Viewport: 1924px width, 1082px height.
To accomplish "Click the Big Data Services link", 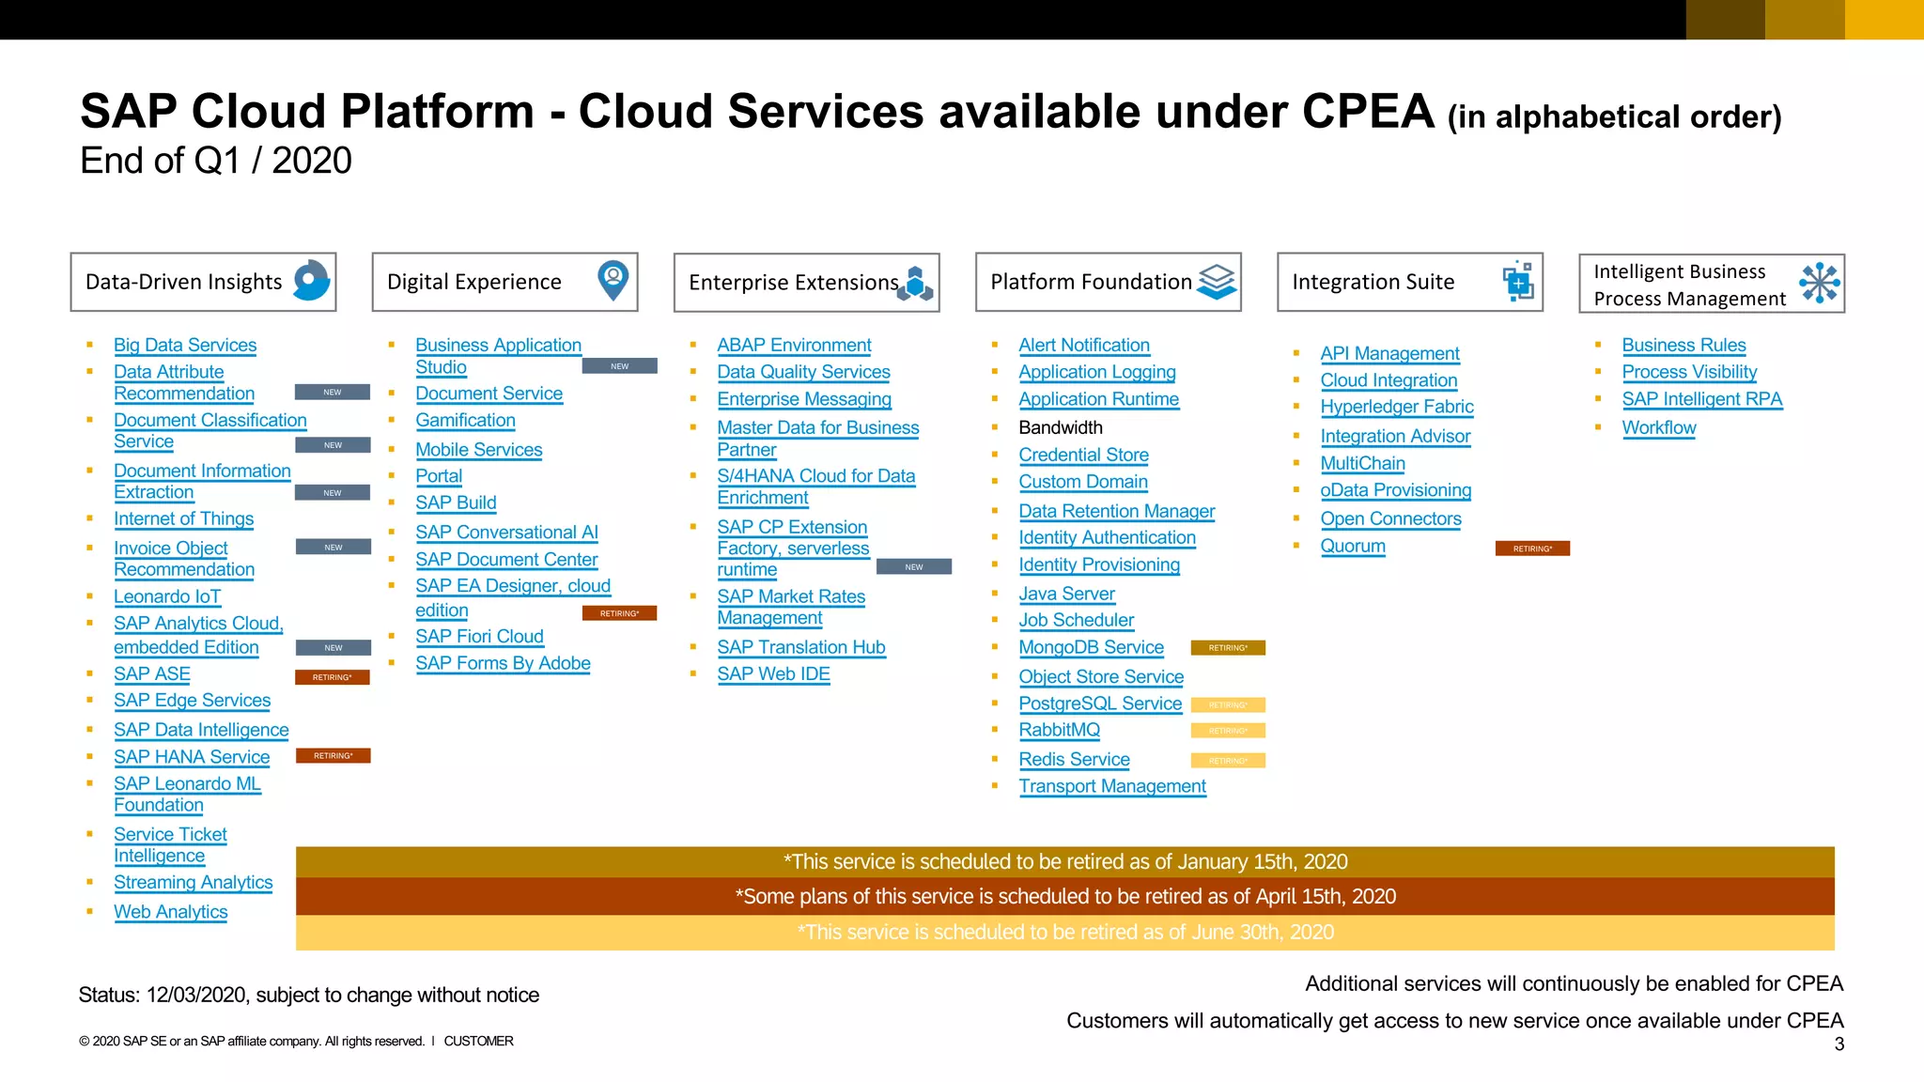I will (x=185, y=346).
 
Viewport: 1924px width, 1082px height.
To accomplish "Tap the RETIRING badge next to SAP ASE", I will (x=333, y=677).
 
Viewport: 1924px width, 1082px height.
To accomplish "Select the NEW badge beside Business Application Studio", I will (x=619, y=366).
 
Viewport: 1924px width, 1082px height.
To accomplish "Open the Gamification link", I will (x=465, y=421).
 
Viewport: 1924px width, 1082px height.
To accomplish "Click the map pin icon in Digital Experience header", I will (x=613, y=280).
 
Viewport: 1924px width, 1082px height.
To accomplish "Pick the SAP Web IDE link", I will (x=773, y=674).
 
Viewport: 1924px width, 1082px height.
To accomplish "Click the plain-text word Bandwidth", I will (x=1061, y=428).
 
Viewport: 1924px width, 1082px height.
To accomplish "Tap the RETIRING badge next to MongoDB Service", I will (x=1228, y=648).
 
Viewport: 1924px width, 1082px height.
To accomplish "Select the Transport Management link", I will (x=1112, y=786).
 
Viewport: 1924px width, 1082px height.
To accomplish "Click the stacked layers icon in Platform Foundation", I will (x=1217, y=281).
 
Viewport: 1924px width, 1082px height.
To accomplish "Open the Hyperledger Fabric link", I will (x=1397, y=408).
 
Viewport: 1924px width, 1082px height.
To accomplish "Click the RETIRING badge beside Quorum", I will (x=1532, y=549).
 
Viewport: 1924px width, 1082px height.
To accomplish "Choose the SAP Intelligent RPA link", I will (x=1701, y=399).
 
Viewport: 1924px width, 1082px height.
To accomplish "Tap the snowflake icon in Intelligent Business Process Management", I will (x=1820, y=283).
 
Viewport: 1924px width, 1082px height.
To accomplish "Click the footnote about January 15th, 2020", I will (x=1064, y=862).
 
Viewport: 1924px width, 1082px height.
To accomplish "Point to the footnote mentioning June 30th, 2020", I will (x=1064, y=933).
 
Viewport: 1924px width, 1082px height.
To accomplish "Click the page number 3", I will (x=1839, y=1044).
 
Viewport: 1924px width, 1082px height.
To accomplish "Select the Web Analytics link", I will (x=170, y=912).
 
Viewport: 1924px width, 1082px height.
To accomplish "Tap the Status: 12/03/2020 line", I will (x=308, y=996).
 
